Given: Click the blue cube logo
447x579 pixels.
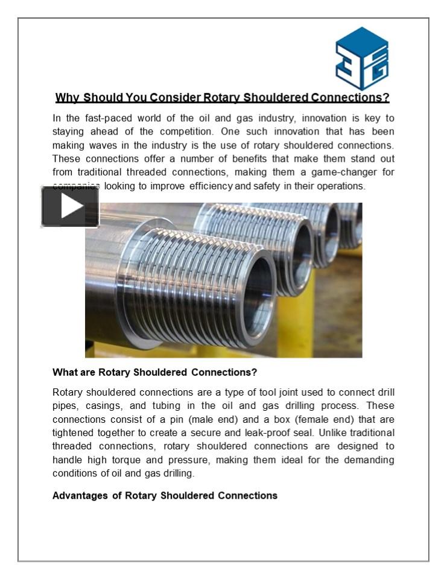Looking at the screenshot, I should (x=361, y=59).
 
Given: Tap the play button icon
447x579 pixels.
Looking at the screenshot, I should (x=70, y=207).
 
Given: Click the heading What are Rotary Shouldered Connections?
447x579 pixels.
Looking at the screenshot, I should (x=155, y=372).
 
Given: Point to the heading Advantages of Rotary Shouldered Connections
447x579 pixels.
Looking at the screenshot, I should (x=165, y=496).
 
